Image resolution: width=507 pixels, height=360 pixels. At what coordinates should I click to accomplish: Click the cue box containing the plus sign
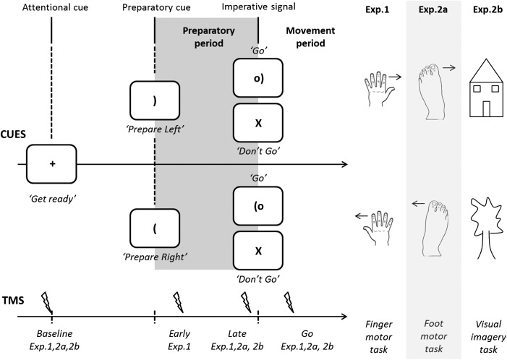(52, 164)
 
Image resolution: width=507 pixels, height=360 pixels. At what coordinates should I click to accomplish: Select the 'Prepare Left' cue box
(155, 101)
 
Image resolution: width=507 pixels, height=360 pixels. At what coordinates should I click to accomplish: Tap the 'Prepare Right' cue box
(155, 228)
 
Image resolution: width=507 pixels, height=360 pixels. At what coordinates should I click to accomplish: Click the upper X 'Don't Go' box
(258, 123)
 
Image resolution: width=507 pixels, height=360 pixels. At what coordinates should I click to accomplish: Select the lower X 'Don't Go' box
(258, 250)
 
